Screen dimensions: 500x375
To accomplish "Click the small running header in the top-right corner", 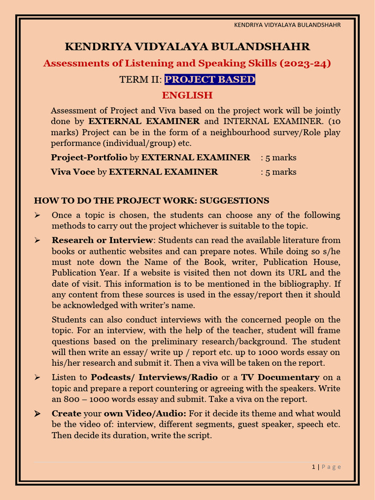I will pos(287,25).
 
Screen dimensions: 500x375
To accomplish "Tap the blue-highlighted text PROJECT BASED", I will pos(210,79).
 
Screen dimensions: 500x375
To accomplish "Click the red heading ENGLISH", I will pos(187,95).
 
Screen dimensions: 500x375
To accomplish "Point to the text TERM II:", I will pos(140,79).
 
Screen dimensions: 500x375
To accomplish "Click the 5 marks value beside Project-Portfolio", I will pos(278,157).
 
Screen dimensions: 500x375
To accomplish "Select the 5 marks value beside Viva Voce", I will pos(278,171).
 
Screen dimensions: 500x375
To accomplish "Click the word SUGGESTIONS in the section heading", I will pos(234,200).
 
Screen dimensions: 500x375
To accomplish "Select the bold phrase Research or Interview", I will pos(103,240).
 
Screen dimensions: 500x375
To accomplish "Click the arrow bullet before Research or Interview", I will pos(38,240).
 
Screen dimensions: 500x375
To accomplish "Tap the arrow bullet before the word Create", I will pos(38,414).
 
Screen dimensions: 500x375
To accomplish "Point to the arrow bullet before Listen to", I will pos(38,377).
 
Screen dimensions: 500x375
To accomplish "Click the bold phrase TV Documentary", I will pos(280,377).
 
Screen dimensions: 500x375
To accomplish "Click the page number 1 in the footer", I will pos(313,467).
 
